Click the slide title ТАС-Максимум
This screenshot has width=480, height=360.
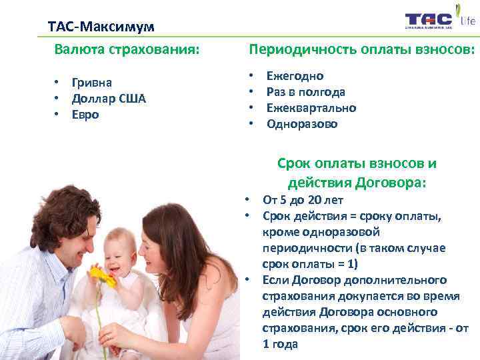click(x=101, y=27)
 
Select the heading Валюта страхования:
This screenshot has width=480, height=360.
click(x=127, y=49)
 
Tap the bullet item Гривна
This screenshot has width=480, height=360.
click(x=92, y=82)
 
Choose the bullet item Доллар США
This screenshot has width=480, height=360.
click(x=109, y=98)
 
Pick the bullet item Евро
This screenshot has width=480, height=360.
click(x=86, y=114)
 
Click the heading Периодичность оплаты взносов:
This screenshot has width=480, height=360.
click(x=362, y=49)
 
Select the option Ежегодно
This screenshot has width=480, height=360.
click(x=295, y=76)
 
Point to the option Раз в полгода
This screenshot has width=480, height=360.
click(x=306, y=92)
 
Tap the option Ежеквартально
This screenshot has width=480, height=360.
click(x=311, y=108)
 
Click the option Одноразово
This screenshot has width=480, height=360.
click(x=302, y=124)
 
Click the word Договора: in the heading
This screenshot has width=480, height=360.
click(x=390, y=182)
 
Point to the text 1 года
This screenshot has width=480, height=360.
click(x=281, y=344)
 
